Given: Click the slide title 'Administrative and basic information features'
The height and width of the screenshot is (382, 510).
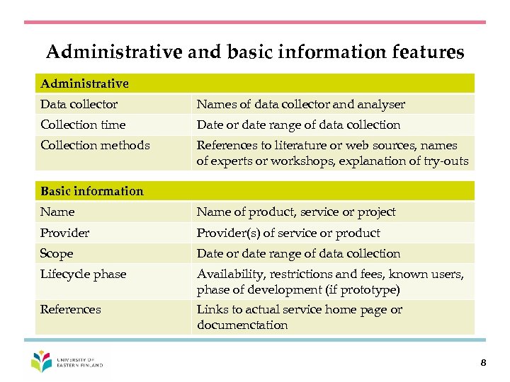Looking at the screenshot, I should (255, 52).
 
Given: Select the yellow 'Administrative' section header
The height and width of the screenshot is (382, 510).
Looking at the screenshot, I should (85, 83).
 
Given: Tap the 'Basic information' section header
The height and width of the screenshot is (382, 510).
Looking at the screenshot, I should (92, 191).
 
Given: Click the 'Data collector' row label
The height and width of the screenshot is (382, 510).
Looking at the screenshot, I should (79, 105).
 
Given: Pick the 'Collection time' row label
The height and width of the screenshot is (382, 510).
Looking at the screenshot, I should (83, 125).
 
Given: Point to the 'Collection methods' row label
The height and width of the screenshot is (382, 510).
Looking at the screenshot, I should (95, 146).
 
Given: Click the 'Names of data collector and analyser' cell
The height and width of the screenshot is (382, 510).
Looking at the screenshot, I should (301, 105).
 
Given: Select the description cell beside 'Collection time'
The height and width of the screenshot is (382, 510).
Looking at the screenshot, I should (298, 125).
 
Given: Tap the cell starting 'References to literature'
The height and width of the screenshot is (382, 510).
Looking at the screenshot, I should (332, 154).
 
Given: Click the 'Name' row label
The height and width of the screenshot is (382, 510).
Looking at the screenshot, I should (57, 212).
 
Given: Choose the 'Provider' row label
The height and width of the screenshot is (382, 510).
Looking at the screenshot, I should (64, 233).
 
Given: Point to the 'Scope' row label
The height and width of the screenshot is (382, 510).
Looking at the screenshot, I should (57, 254).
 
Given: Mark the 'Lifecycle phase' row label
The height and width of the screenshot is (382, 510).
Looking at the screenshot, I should (83, 274).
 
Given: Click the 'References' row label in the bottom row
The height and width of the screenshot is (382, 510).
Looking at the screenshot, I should (71, 310).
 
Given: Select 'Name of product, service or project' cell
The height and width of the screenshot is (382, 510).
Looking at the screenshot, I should (296, 212).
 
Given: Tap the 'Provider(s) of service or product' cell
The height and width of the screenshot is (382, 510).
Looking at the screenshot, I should (288, 233).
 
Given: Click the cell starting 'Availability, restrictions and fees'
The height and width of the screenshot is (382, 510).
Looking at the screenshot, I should (330, 282).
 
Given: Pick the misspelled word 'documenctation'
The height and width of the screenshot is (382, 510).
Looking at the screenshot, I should (242, 325).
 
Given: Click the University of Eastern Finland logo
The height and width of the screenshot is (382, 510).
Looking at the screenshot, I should (67, 362).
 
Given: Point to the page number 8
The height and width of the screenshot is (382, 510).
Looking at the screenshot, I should (482, 363).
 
